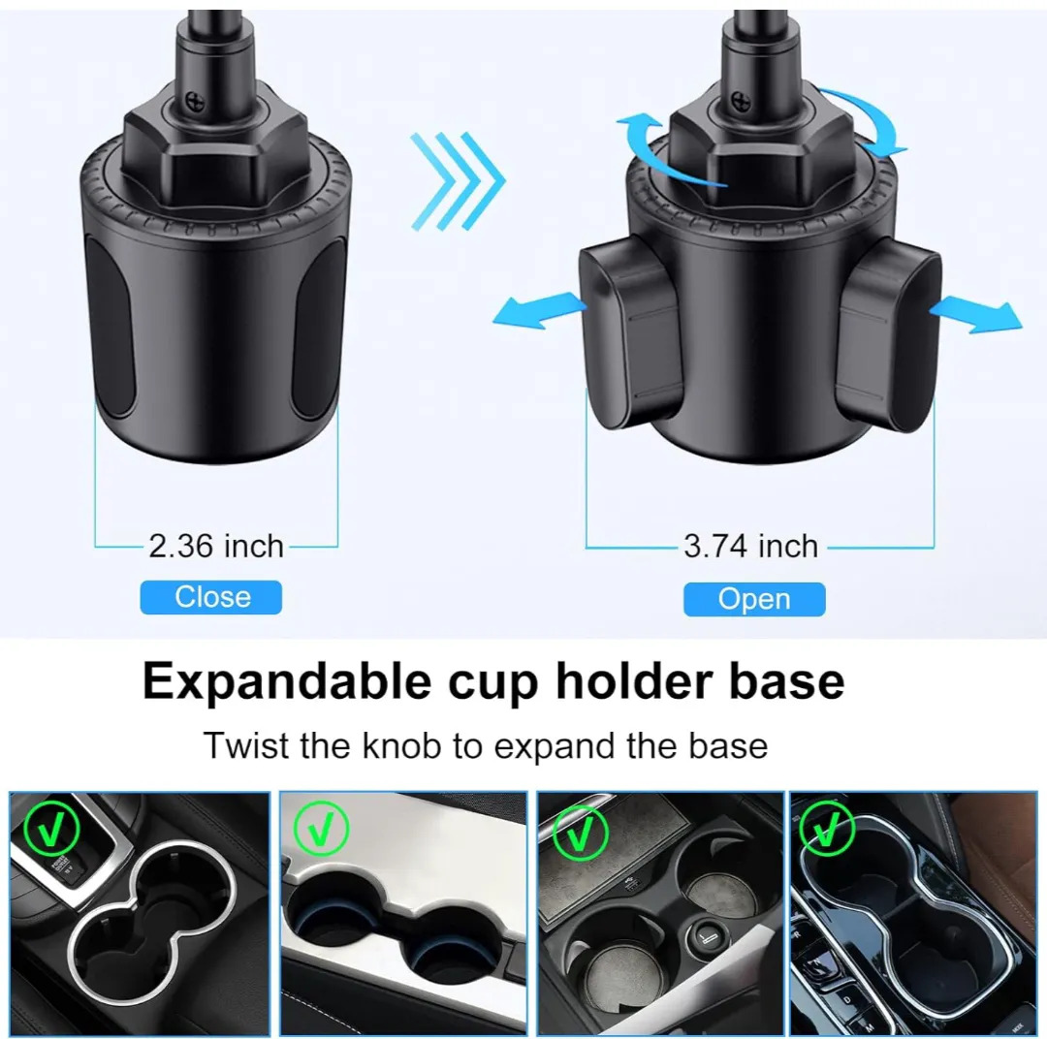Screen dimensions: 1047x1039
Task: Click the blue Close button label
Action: click(211, 597)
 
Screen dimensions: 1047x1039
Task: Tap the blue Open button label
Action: click(754, 599)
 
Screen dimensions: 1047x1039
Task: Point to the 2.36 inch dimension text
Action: click(215, 547)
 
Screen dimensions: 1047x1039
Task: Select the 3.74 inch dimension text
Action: click(750, 547)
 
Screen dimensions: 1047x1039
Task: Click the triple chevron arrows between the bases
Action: click(458, 180)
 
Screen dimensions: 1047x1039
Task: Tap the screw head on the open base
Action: click(742, 102)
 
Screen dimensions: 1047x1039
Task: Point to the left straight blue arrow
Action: click(540, 311)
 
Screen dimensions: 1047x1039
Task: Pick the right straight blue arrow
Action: click(975, 315)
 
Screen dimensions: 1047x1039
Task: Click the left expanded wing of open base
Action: click(631, 333)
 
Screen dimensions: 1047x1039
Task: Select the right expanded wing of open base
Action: click(888, 333)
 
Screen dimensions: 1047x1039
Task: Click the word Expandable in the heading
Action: click(287, 682)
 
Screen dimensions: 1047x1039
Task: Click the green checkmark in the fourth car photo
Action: click(827, 829)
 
